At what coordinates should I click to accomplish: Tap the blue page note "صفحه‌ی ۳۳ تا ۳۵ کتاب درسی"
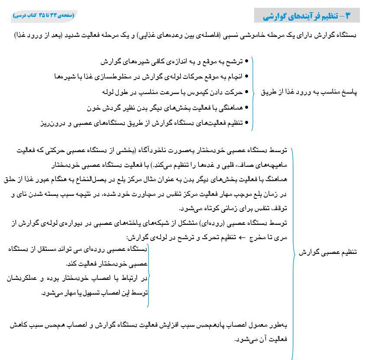(44, 15)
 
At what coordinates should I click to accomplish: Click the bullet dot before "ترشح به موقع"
(247, 62)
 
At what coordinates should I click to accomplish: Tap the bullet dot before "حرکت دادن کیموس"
(247, 92)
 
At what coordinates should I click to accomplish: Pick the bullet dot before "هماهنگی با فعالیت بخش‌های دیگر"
(247, 107)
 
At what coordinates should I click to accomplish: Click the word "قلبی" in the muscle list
(227, 165)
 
